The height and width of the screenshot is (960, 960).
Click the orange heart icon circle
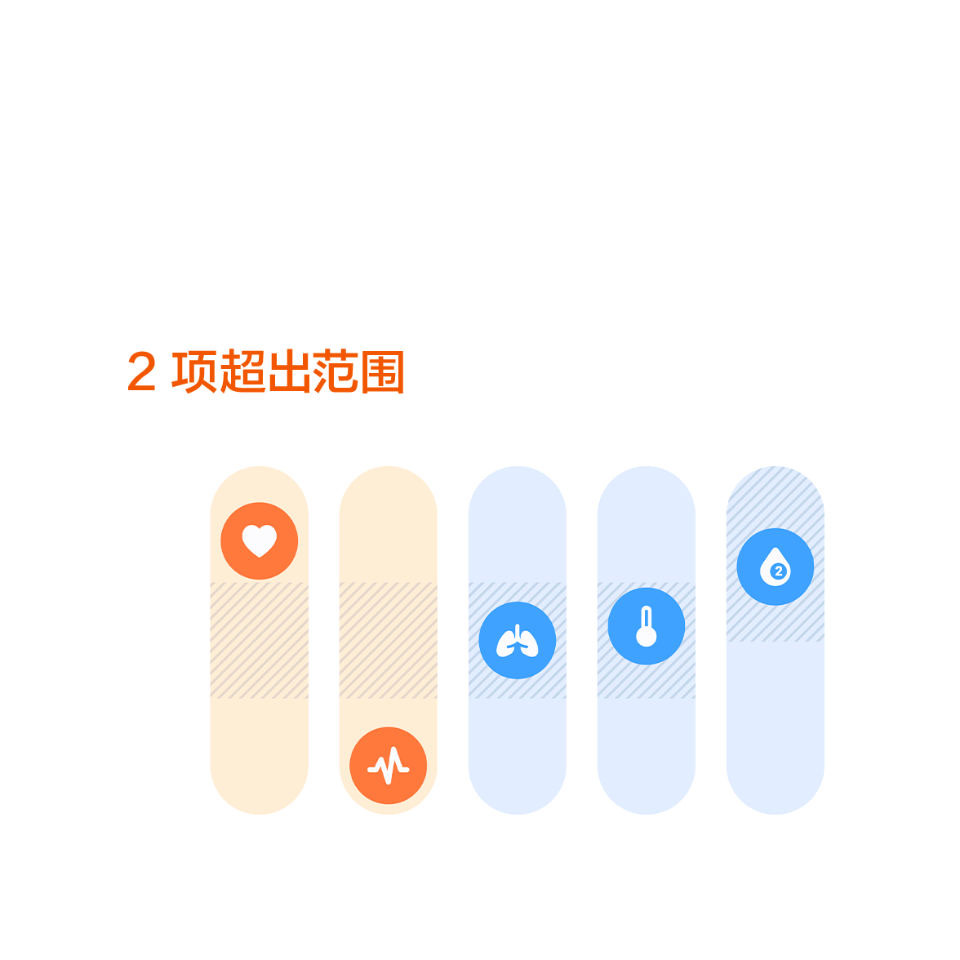click(259, 540)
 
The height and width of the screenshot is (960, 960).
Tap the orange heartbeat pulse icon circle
click(389, 766)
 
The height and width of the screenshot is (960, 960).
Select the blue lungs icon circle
click(518, 640)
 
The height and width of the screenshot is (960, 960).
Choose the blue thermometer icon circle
click(646, 625)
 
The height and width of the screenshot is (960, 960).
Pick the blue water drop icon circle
click(776, 567)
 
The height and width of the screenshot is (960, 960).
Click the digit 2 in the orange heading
click(141, 371)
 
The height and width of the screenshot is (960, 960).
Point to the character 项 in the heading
click(194, 371)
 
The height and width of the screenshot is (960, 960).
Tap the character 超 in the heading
click(242, 371)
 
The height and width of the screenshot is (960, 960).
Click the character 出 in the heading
click(290, 371)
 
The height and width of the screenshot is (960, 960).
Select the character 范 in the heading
click(335, 371)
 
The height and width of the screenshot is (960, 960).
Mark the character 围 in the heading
click(383, 371)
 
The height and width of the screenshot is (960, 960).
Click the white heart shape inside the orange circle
click(259, 540)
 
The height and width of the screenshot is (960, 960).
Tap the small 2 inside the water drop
click(778, 571)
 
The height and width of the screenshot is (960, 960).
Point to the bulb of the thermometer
click(646, 637)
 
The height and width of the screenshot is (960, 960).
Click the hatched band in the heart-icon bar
click(259, 640)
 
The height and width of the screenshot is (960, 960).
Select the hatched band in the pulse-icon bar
click(389, 640)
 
